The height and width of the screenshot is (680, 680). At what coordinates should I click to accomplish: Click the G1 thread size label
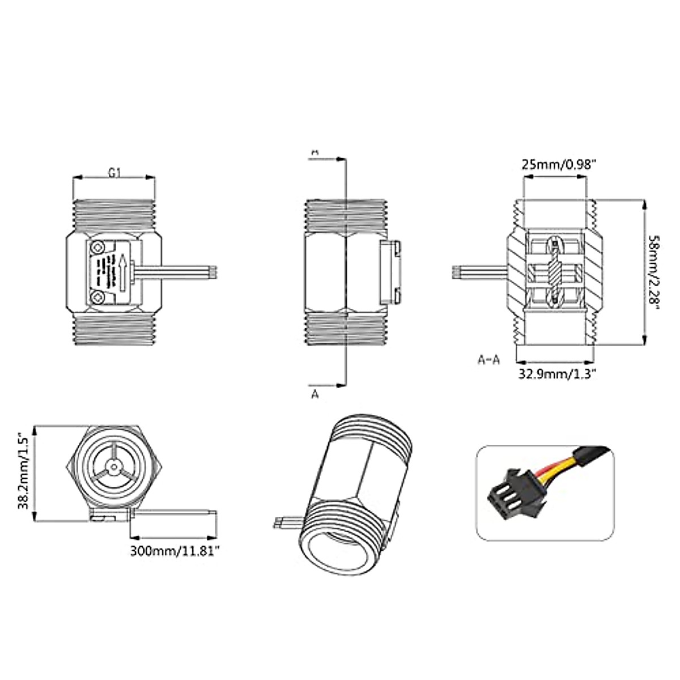(114, 173)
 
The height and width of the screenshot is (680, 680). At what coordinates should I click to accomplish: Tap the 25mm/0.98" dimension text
(559, 165)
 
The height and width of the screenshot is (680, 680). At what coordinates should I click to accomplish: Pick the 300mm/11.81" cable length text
(174, 549)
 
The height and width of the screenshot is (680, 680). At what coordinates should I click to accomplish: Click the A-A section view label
(488, 360)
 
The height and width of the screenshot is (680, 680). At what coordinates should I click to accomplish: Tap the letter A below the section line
(316, 394)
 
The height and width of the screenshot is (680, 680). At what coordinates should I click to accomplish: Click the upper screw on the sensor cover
(100, 247)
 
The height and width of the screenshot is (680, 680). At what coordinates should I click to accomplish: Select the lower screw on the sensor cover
(100, 297)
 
